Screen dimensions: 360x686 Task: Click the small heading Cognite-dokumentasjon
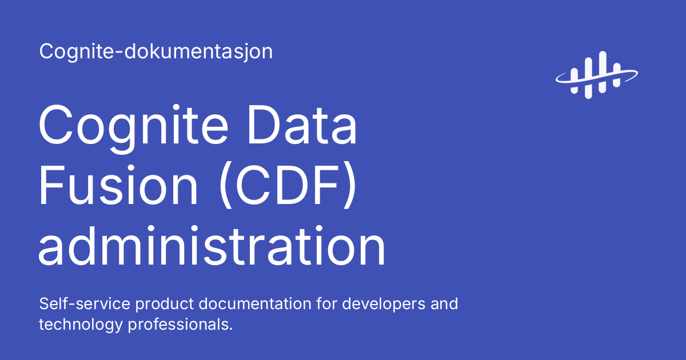156,52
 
